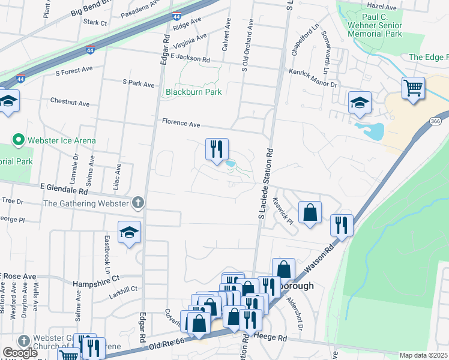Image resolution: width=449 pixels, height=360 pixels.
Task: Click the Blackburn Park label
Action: point(194,92)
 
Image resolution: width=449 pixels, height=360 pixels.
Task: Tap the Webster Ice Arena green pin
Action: point(18,141)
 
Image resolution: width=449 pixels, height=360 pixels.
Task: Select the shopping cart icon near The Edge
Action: point(413,89)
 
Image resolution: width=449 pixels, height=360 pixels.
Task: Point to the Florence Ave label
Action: point(181,123)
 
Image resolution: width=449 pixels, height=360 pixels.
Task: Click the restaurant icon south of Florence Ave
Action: point(217,149)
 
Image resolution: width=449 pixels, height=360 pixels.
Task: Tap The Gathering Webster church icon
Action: point(138,203)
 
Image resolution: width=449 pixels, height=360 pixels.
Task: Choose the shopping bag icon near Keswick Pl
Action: point(310,212)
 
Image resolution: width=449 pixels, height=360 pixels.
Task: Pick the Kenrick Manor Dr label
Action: point(313,79)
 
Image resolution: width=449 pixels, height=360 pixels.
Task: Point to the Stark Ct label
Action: point(95,23)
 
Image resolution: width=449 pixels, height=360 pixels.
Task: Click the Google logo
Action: point(20,352)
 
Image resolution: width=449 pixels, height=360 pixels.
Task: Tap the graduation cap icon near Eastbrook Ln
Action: point(129,233)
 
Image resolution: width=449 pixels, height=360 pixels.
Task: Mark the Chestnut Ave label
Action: point(70,103)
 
